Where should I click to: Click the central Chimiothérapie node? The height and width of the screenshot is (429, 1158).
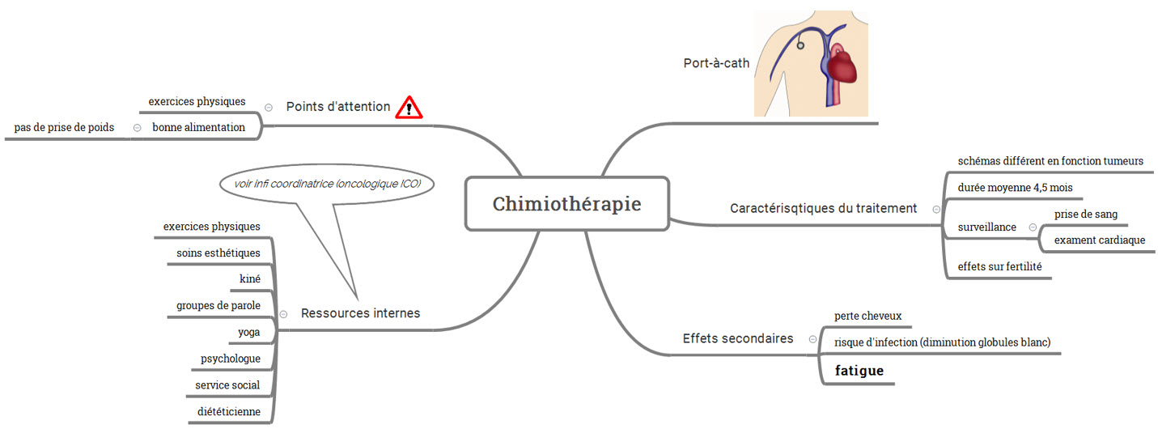(567, 204)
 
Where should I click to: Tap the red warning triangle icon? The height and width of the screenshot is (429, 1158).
(409, 107)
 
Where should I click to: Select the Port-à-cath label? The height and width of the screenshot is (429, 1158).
(716, 63)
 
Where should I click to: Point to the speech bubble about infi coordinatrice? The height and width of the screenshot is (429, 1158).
(327, 185)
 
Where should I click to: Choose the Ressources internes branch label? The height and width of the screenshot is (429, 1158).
(360, 313)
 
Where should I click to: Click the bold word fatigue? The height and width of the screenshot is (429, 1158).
(859, 371)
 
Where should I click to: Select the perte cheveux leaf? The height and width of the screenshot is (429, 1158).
(867, 316)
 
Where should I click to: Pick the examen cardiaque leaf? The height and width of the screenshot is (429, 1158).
(1099, 240)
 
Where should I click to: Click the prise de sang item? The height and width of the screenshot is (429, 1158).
(1085, 214)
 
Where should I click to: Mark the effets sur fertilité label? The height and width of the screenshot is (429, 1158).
(999, 266)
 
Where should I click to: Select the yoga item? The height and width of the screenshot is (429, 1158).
(249, 332)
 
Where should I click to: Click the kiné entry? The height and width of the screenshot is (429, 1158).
(250, 279)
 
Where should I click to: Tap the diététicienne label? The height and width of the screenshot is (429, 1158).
(229, 411)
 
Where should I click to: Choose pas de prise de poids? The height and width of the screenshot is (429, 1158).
(64, 127)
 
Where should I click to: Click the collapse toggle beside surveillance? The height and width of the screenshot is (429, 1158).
(1033, 227)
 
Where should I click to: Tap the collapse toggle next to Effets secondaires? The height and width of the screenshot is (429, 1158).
(812, 339)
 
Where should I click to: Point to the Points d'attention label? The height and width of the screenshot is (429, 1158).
(338, 107)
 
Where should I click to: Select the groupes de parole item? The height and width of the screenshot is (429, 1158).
(218, 306)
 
